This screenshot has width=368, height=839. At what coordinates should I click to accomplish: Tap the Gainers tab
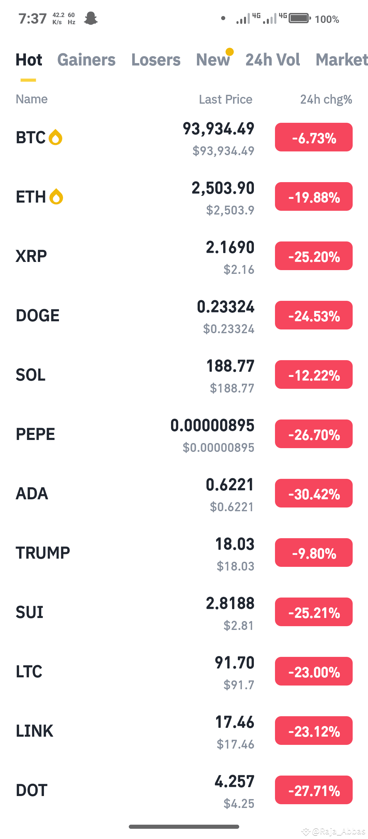pos(86,60)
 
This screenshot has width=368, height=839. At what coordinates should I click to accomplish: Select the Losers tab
pos(156,60)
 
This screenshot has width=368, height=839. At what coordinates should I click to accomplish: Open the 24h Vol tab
pos(273,60)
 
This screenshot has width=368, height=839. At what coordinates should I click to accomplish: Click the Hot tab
pos(29,60)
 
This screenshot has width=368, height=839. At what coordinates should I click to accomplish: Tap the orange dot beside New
pos(230,51)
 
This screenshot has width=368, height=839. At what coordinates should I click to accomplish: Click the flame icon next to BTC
pos(56,137)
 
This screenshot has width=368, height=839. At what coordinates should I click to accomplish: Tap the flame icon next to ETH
pos(56,197)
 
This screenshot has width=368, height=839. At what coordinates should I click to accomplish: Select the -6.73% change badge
pos(313,137)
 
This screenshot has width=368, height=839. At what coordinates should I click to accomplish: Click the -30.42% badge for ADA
pos(313,494)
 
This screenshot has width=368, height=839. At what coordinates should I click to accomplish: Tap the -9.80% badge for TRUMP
pos(313,553)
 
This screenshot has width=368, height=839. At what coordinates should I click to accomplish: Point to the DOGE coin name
pos(37,315)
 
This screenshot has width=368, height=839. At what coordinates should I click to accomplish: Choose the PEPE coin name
pos(35,434)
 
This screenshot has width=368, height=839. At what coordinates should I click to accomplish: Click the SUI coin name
pos(30,612)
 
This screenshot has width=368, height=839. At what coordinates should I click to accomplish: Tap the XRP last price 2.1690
pos(230,248)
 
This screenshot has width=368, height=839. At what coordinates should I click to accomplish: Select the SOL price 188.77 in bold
pos(230,366)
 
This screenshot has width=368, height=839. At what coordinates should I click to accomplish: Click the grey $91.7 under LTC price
pos(239,685)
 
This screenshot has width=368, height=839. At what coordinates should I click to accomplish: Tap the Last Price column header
pos(226,100)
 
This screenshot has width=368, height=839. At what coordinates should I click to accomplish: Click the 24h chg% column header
pos(326,100)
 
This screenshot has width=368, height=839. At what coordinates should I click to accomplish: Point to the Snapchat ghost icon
pos(91,18)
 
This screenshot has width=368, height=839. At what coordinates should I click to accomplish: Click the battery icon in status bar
pos(300,18)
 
